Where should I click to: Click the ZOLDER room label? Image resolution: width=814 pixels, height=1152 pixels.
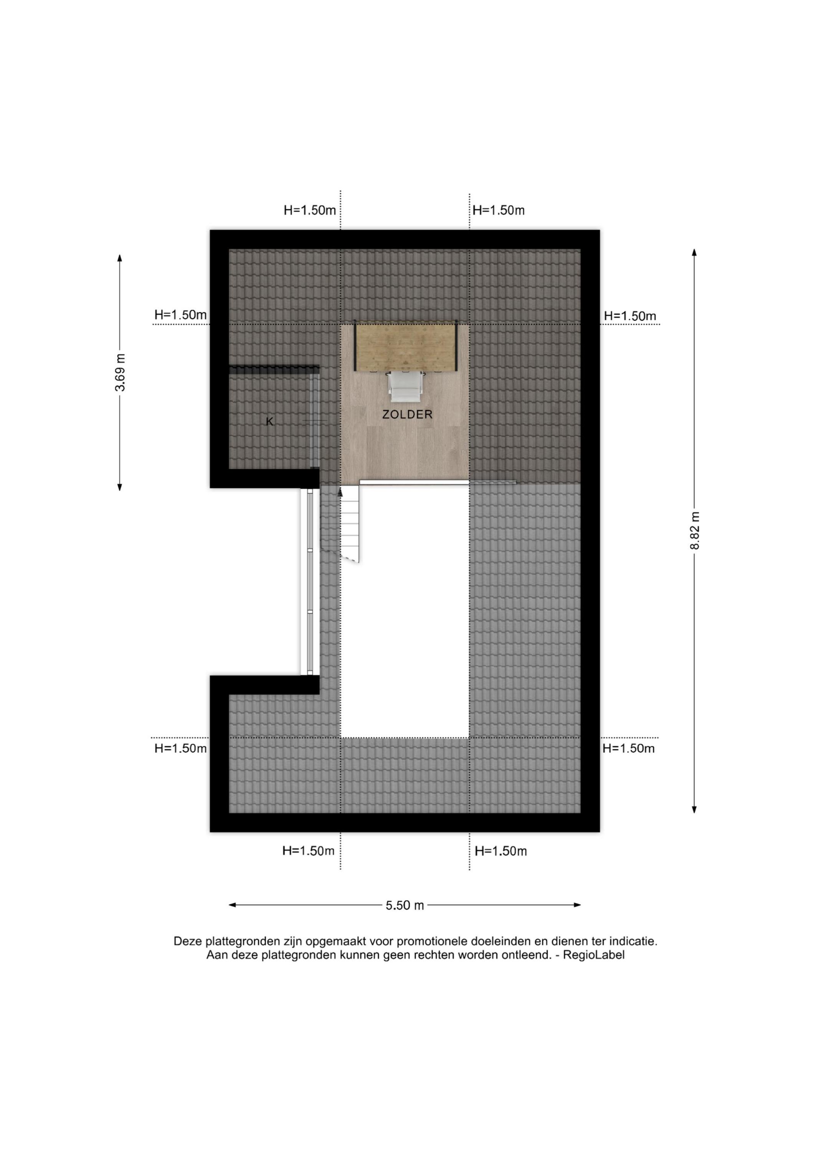407,414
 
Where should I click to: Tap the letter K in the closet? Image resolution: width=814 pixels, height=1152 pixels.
270,422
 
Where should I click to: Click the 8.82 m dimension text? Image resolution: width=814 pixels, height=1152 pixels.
695,530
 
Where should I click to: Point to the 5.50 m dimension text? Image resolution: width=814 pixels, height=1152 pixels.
405,905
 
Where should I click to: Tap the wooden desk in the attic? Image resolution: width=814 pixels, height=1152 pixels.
406,346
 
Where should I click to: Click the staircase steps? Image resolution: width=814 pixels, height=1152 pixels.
350,524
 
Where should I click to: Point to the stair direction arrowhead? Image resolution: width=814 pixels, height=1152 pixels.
340,492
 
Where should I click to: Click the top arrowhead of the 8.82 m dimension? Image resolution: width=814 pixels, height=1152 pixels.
695,252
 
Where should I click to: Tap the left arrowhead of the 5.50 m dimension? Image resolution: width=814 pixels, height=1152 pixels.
233,905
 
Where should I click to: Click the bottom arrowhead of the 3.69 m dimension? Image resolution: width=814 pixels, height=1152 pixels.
120,487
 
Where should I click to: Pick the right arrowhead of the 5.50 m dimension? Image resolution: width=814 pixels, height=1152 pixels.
577,905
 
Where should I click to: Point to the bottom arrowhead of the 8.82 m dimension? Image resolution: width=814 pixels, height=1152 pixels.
695,809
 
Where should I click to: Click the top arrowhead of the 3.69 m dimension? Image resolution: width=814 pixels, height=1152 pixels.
120,258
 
